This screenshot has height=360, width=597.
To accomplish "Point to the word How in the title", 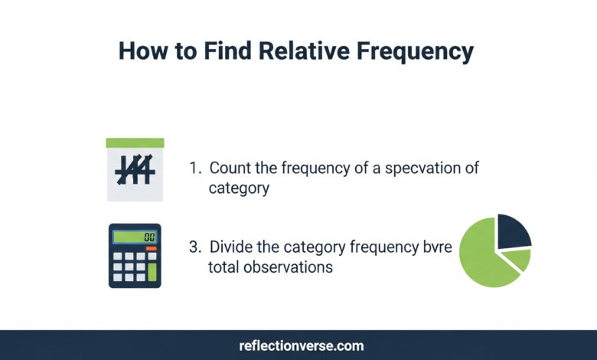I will pyautogui.click(x=143, y=52).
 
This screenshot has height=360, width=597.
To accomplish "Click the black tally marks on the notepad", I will pyautogui.click(x=134, y=170).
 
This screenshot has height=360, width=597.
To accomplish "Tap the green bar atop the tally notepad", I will pyautogui.click(x=135, y=142).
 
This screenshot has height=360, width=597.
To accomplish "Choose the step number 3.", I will pyautogui.click(x=194, y=248).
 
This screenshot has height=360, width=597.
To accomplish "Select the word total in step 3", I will pyautogui.click(x=224, y=267).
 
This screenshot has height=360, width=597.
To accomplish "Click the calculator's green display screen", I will pyautogui.click(x=135, y=237).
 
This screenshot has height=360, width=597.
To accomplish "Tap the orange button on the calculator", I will pyautogui.click(x=151, y=249).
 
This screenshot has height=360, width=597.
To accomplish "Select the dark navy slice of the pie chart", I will pyautogui.click(x=513, y=231).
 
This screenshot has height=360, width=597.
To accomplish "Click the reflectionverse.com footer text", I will pyautogui.click(x=298, y=345).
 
